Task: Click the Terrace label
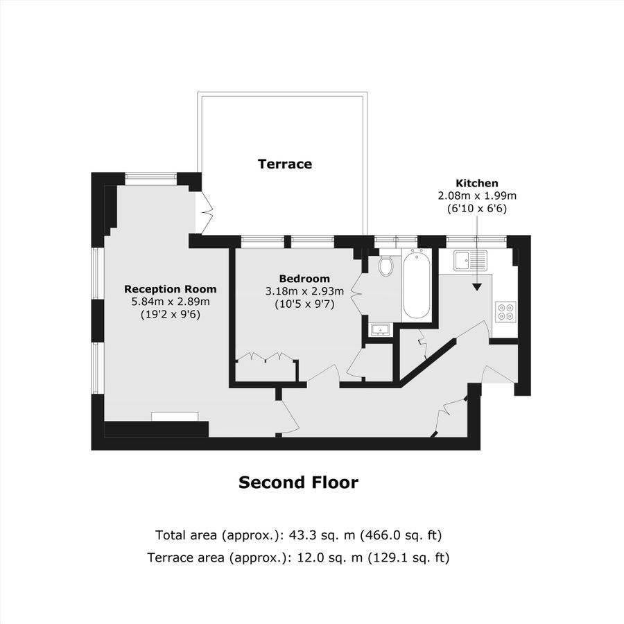click(285, 164)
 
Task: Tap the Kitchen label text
click(476, 183)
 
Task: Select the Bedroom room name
click(300, 279)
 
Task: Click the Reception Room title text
click(170, 289)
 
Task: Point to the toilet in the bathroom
click(386, 266)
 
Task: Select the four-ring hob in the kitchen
click(505, 312)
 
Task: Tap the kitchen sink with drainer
click(471, 261)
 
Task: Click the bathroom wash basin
click(380, 329)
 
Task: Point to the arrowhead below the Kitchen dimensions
click(477, 285)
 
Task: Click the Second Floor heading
click(298, 483)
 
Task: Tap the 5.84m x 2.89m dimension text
click(170, 302)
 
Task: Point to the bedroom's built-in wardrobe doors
click(266, 358)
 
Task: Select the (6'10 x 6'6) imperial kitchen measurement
click(476, 208)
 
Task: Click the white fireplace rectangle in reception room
click(175, 416)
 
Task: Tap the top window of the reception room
click(150, 177)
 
